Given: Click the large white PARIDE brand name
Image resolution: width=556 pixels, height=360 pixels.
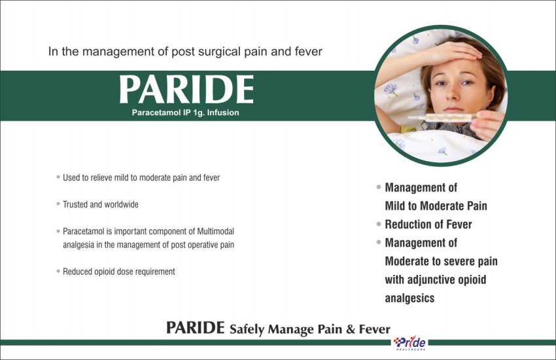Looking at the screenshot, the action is (186, 89).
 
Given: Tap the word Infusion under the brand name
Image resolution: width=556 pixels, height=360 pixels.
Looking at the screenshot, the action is (223, 113).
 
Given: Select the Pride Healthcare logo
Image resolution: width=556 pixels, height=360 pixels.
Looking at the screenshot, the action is (409, 344).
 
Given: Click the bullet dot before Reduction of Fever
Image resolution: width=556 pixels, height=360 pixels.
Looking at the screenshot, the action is (379, 224).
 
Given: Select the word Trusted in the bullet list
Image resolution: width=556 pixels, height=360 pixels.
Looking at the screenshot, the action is (75, 205).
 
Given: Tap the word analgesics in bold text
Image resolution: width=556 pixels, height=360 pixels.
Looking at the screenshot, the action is (409, 298).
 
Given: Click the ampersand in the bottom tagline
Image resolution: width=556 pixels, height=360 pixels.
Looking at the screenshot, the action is (351, 329).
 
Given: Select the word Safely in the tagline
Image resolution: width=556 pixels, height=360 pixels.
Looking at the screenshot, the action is (247, 329).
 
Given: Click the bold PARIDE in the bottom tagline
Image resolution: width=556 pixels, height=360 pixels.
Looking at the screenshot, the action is (196, 328).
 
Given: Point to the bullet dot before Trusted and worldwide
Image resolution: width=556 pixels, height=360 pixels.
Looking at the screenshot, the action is (58, 204).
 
